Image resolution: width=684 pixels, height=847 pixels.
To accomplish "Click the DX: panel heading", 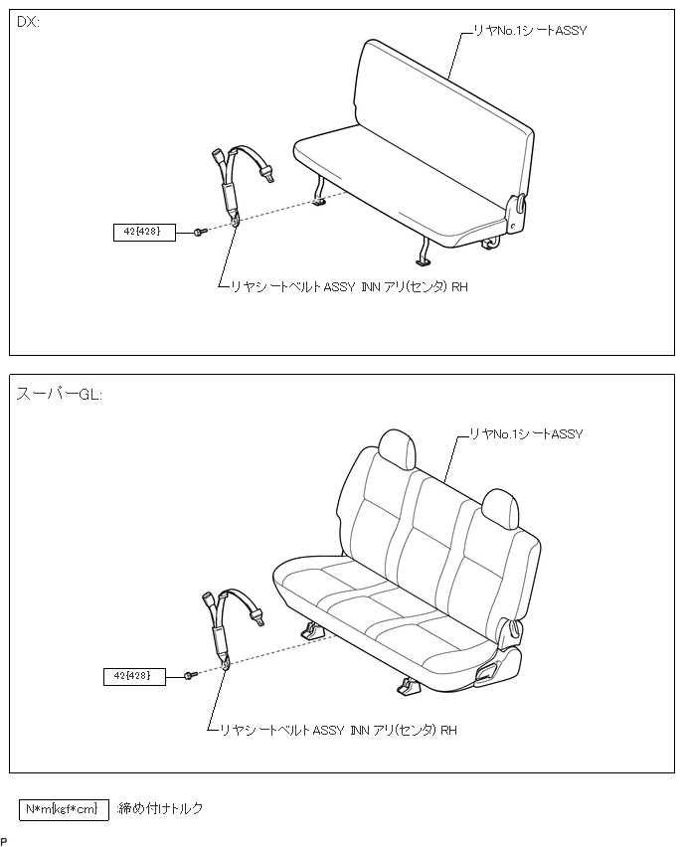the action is click(x=28, y=23).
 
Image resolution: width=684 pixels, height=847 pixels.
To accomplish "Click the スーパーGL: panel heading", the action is click(x=59, y=393).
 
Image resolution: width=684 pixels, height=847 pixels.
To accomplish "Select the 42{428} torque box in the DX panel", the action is click(x=144, y=233).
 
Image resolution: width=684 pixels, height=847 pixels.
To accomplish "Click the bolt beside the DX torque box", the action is click(x=199, y=232).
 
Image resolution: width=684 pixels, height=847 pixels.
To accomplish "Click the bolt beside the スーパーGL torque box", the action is click(x=190, y=676).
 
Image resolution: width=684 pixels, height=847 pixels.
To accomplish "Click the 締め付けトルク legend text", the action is click(x=160, y=809).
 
